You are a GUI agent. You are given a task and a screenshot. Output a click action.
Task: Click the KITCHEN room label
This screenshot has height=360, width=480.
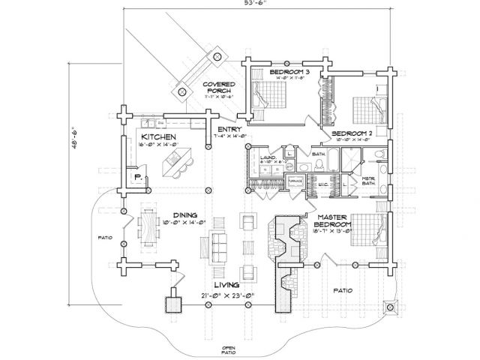[159, 136]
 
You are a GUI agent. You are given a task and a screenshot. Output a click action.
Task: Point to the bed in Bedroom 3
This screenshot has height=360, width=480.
[267, 95]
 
